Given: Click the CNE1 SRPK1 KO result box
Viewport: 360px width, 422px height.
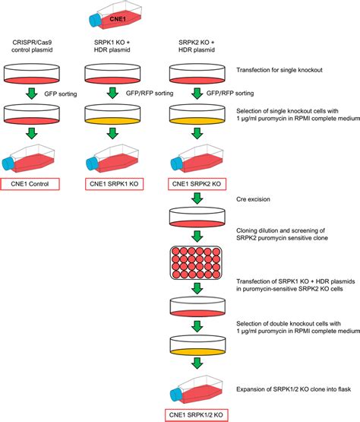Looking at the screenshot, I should point(114,185).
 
